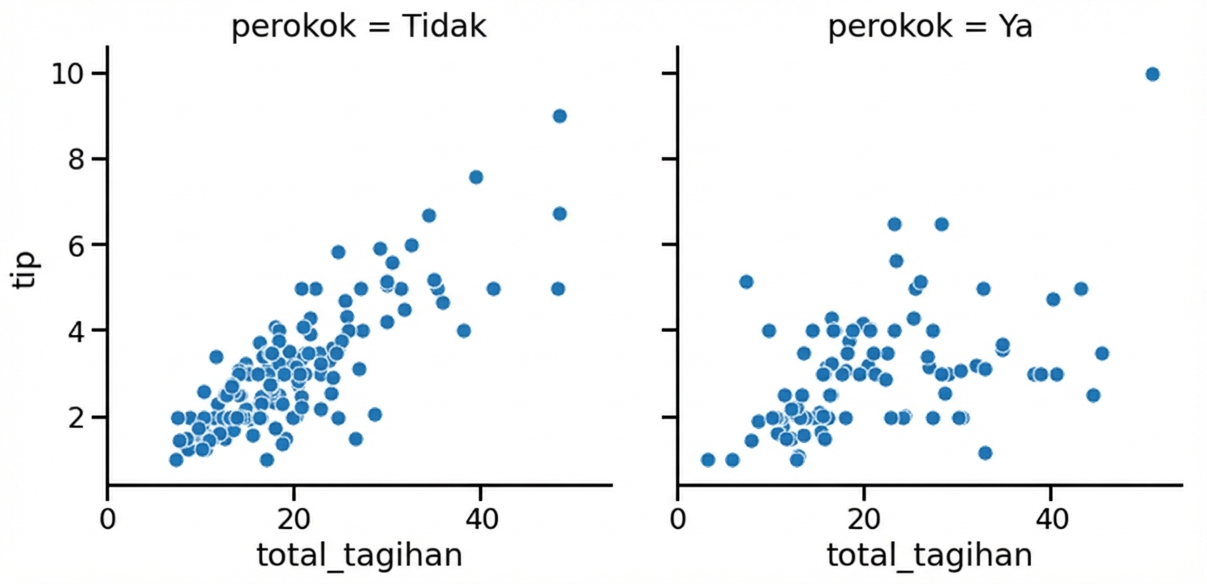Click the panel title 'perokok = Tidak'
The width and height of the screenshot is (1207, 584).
point(359,28)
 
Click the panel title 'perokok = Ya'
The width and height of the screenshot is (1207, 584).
point(930,28)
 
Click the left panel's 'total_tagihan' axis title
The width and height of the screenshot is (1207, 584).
point(359,556)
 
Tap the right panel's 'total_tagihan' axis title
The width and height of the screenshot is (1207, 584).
point(930,556)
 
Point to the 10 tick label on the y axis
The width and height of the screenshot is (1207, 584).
point(71,74)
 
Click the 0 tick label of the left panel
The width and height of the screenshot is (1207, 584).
point(108,516)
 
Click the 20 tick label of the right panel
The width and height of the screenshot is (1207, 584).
point(865,516)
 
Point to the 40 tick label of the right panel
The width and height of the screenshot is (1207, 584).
point(1050,516)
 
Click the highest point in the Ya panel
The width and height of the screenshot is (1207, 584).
point(1152,75)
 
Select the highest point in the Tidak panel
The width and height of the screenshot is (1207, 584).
point(559,116)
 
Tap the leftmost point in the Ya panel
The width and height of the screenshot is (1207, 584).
point(707,460)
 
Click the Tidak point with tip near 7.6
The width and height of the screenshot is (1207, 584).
point(476,177)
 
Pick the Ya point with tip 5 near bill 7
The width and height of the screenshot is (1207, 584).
point(746,281)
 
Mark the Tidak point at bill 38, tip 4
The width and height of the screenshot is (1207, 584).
point(464,331)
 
